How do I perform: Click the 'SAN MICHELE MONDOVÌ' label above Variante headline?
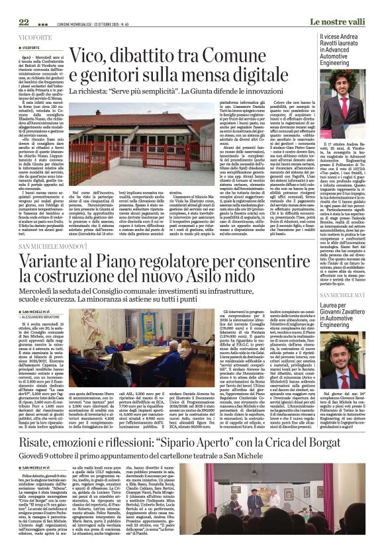(53, 246)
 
